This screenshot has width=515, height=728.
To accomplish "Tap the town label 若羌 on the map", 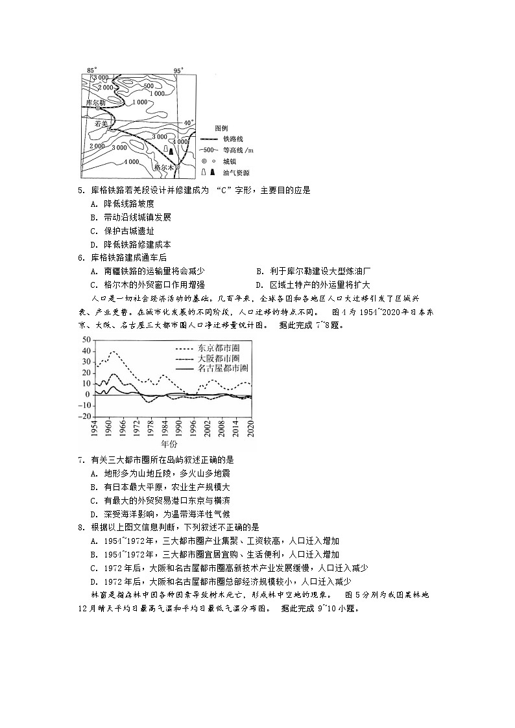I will pyautogui.click(x=101, y=122).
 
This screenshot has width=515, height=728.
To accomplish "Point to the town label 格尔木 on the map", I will pyautogui.click(x=165, y=167).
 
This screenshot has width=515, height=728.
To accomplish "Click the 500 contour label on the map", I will pyautogui.click(x=149, y=86).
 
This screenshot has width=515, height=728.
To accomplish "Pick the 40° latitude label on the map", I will pyautogui.click(x=188, y=123).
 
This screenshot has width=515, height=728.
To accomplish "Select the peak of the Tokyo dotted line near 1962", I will pyautogui.click(x=114, y=351).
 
